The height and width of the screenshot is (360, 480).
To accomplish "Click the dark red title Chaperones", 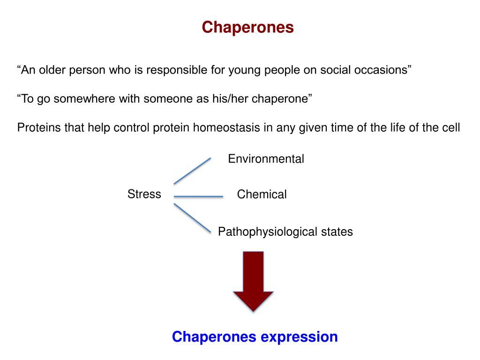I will click(x=247, y=28).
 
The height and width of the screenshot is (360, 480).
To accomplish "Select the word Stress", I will click(x=144, y=194).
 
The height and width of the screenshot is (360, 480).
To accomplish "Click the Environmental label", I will click(x=266, y=159).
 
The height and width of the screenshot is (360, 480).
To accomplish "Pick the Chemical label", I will click(x=262, y=195).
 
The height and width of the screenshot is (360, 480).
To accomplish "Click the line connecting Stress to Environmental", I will click(x=192, y=171).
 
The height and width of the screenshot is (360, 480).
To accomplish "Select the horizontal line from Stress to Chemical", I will click(x=198, y=196).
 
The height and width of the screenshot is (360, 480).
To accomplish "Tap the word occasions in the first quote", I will click(x=387, y=70).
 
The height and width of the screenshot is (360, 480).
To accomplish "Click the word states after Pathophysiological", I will click(x=337, y=232).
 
